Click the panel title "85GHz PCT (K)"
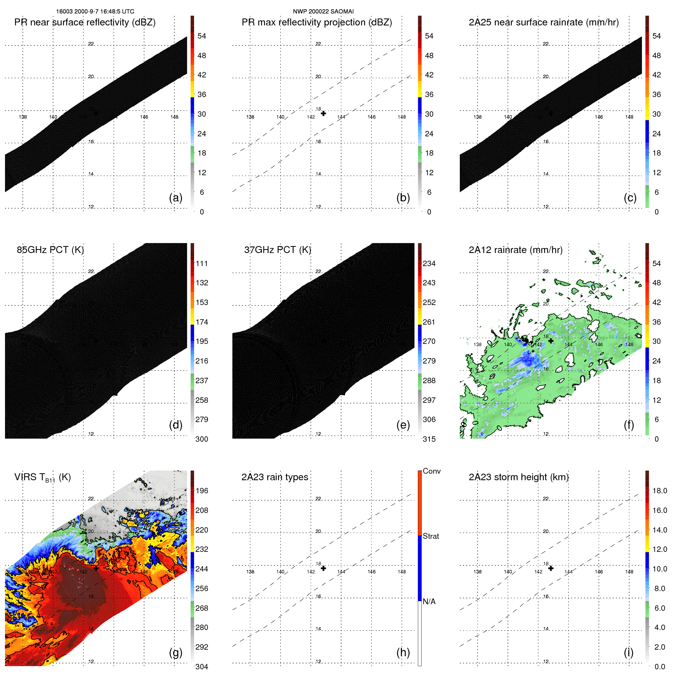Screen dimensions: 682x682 [50, 250]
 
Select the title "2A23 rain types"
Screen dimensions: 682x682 [275, 477]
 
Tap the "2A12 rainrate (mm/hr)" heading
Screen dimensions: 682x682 [515, 250]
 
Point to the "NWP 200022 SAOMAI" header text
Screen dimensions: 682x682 [323, 12]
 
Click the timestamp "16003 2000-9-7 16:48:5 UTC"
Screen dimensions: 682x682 [95, 12]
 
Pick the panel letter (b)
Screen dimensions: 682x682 [403, 198]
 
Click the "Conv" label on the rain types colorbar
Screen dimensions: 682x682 [431, 471]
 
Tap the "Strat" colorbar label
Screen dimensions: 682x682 [431, 536]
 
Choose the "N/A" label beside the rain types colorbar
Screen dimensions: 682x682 [429, 602]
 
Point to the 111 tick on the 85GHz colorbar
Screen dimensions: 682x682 [202, 263]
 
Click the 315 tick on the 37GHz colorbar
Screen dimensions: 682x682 [429, 439]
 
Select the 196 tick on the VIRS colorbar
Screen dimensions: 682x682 [202, 491]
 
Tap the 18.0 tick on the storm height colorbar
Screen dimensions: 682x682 [659, 491]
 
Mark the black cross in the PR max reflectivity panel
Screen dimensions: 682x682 [323, 113]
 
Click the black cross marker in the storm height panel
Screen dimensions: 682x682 [551, 568]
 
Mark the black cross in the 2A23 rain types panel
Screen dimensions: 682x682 [323, 568]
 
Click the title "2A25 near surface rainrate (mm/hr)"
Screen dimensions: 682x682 [543, 22]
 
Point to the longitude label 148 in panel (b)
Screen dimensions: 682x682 [402, 117]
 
